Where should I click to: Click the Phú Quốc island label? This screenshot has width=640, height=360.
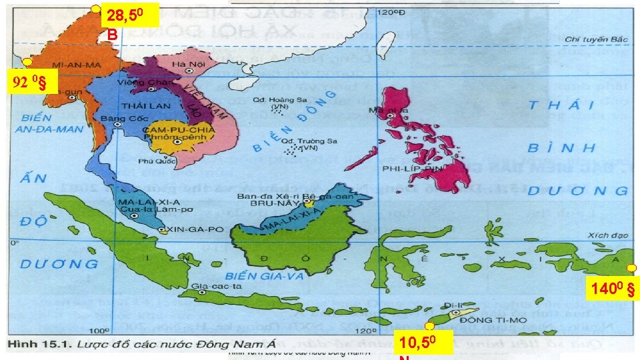(153, 161)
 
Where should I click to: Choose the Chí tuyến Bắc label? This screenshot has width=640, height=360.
(596, 39)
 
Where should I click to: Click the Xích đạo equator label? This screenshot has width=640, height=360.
(607, 235)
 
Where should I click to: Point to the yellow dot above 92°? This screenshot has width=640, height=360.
(27, 62)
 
